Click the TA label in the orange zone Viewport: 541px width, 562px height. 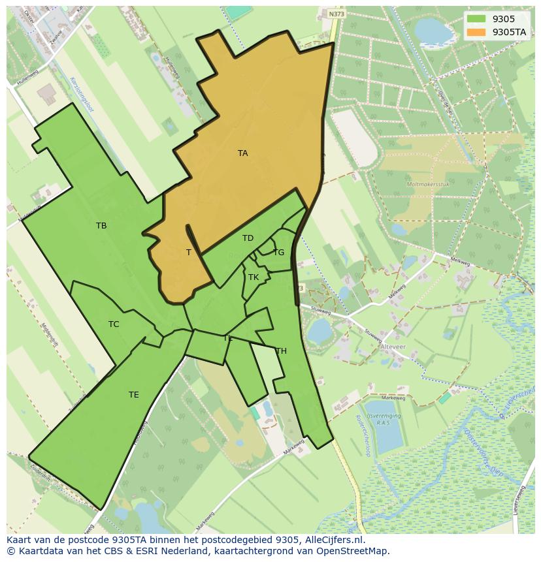tap(242, 153)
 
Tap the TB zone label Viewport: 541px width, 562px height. tap(101, 226)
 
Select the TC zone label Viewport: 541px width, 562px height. tap(114, 324)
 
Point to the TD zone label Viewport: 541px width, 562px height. tap(248, 238)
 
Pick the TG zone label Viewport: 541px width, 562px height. tap(278, 253)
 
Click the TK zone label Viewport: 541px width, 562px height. tap(254, 277)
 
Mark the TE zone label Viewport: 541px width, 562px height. tap(133, 395)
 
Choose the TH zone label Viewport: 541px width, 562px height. tap(281, 351)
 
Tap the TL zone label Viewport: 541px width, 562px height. tap(228, 338)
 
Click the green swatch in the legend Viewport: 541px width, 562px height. tap(476, 19)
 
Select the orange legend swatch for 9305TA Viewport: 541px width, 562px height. tap(476, 32)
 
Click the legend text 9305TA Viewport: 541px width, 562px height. tap(510, 32)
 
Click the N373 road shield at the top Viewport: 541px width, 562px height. tap(336, 14)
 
